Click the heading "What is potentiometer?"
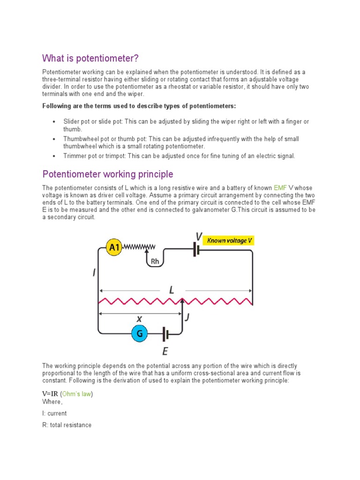tap(91, 58)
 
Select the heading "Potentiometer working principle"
tap(108, 174)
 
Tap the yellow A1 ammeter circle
tap(114, 248)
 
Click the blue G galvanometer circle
tap(139, 334)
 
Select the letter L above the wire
tap(172, 291)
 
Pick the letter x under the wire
tap(139, 319)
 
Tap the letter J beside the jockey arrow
tap(187, 317)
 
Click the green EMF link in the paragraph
tap(280, 188)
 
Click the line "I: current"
tap(54, 413)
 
